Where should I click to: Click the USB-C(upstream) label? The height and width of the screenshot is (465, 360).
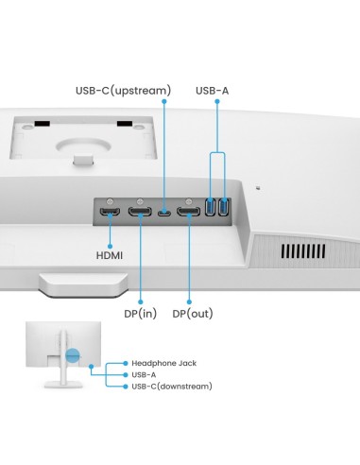click(x=123, y=91)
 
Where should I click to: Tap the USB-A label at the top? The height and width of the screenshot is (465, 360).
click(x=213, y=91)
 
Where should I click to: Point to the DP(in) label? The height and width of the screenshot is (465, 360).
click(x=140, y=314)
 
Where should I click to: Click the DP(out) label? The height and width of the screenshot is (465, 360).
click(x=192, y=314)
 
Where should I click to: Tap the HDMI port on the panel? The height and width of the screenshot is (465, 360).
click(x=111, y=213)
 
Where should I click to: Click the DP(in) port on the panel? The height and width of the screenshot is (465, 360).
click(x=141, y=213)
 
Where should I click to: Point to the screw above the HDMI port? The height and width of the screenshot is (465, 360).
click(x=111, y=202)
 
